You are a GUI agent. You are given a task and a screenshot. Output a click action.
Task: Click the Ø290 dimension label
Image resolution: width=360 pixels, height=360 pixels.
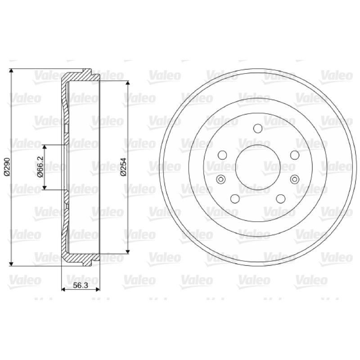(x=7, y=167)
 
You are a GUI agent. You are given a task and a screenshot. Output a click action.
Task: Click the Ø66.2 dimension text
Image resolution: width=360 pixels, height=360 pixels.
(x=40, y=167)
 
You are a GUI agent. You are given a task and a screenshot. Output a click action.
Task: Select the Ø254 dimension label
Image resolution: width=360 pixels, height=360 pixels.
(x=123, y=167)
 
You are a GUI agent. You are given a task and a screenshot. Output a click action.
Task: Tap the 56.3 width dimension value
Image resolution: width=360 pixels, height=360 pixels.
(x=81, y=285)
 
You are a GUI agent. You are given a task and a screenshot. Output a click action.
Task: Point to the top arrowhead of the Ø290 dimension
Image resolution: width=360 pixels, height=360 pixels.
(x=10, y=71)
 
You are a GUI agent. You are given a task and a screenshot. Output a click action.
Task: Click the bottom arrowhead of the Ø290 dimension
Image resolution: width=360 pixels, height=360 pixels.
(x=10, y=264)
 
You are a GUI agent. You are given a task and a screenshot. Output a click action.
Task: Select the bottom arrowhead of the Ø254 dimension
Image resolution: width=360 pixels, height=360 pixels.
(x=128, y=251)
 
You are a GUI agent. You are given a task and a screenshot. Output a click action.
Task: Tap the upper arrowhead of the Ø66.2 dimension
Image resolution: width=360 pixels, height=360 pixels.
(x=45, y=148)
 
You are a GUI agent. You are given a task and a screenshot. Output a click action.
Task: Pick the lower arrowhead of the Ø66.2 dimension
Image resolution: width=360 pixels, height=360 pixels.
(x=45, y=187)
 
